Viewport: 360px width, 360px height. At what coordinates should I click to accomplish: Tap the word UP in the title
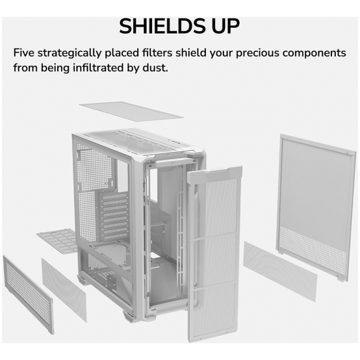[x=226, y=26]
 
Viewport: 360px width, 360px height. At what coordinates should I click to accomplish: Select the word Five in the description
[x=23, y=53]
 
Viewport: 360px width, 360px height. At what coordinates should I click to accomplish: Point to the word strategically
[x=70, y=53]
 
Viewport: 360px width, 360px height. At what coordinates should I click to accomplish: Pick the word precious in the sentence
[x=257, y=53]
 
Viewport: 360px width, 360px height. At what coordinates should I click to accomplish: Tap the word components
[x=315, y=53]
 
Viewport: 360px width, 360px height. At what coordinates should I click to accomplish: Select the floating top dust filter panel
[x=131, y=112]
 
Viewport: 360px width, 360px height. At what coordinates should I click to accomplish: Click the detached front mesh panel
[x=214, y=253]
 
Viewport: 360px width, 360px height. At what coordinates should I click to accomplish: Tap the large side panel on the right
[x=315, y=207]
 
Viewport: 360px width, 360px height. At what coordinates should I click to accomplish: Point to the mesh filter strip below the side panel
[x=280, y=271]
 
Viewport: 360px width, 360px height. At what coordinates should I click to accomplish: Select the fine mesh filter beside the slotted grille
[x=64, y=290]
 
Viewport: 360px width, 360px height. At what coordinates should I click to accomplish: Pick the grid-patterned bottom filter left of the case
[x=58, y=241]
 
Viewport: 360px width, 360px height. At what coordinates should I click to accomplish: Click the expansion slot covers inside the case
[x=114, y=216]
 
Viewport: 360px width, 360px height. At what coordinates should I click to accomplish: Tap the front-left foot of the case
[x=129, y=316]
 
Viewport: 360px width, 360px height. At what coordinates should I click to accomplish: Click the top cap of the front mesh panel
[x=215, y=173]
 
